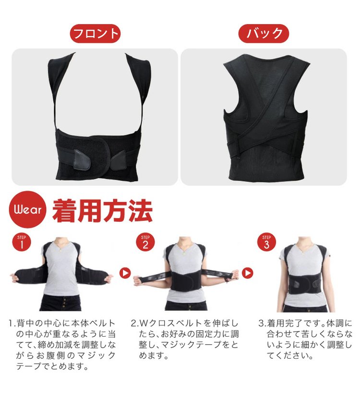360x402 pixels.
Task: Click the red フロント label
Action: pos(95,33)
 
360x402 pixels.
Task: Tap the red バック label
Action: pos(264,33)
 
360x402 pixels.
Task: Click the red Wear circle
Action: pos(28,210)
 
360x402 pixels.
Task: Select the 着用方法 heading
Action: pos(103,210)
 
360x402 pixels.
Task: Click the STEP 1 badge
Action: pos(22,242)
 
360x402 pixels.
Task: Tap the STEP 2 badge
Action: pos(145,242)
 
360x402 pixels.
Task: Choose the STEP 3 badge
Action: pos(266,242)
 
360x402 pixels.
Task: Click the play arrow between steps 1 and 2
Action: pos(125,273)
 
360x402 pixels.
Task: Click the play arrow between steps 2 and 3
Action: pos(247,273)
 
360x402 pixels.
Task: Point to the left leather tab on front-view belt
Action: pos(82,159)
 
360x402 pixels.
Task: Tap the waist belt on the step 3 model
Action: pos(304,283)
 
